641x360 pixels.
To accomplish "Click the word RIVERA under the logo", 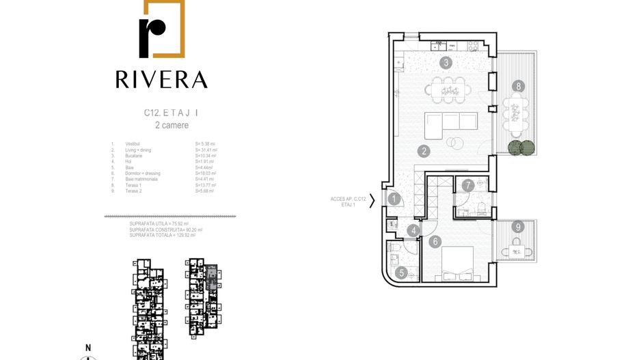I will pos(161,79).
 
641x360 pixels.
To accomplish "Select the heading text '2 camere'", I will pos(172,126).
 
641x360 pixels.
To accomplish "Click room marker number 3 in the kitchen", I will pos(446,63).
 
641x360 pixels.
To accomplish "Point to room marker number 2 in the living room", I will pos(424,152).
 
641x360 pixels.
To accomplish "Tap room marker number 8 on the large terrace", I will pos(519,86).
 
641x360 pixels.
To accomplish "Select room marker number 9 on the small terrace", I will pos(519,227).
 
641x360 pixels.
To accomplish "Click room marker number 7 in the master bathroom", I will pos(467,185).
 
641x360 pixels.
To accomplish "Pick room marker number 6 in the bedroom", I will pos(435,241).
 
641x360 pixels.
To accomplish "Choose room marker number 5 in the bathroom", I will pos(401,273).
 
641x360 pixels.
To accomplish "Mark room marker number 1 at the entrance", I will pos(395,199).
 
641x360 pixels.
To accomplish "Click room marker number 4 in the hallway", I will pos(414,231).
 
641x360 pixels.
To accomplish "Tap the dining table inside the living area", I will pos(449,89).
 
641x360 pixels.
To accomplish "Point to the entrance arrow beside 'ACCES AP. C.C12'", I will pos(372,201).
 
